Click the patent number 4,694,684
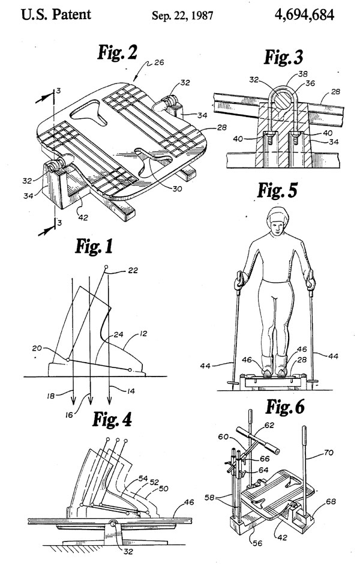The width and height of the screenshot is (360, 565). click(304, 14)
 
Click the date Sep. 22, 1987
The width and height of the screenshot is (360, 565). click(182, 16)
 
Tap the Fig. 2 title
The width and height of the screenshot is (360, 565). click(118, 52)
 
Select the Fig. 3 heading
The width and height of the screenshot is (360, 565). click(284, 57)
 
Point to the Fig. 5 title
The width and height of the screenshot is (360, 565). click(277, 190)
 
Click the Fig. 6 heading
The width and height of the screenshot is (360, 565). click(285, 406)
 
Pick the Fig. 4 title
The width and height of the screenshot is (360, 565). click(112, 419)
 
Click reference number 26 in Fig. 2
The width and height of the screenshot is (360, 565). click(159, 62)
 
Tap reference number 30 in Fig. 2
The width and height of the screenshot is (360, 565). click(177, 189)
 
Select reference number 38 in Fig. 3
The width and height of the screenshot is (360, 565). click(303, 74)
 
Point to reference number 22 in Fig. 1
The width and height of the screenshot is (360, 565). click(133, 270)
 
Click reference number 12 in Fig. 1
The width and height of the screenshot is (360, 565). click(143, 334)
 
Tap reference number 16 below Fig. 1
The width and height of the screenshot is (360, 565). click(69, 415)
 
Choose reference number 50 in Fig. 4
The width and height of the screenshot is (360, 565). click(163, 489)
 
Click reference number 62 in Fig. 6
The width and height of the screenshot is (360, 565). click(269, 425)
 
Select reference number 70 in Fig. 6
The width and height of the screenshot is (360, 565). click(329, 452)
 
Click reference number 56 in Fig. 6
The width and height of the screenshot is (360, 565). click(257, 543)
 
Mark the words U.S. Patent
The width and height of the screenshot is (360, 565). click(56, 15)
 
